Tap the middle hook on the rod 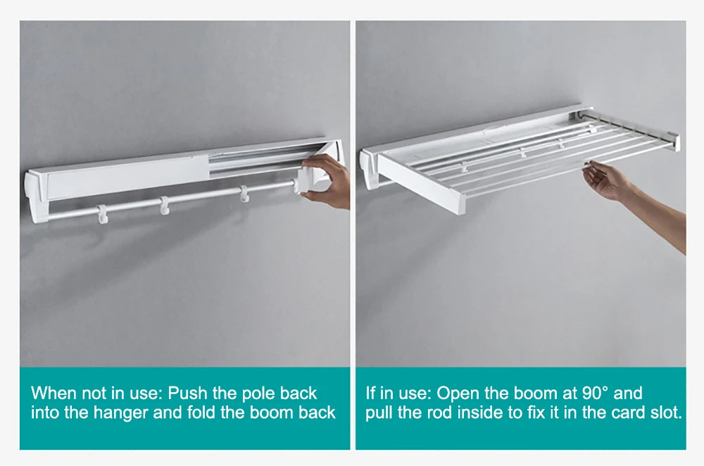tap(165, 205)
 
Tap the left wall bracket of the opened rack tap(368, 169)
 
